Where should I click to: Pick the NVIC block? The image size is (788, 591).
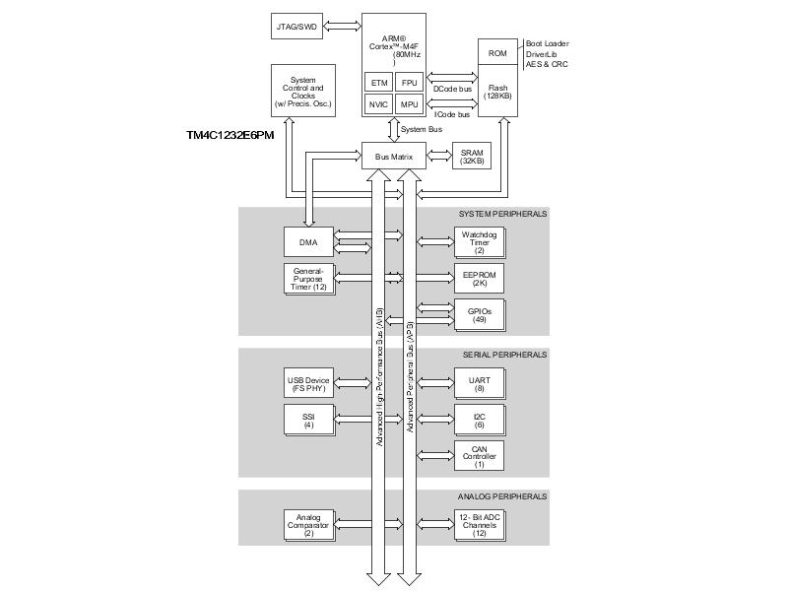(378, 104)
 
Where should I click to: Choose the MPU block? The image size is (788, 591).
(410, 104)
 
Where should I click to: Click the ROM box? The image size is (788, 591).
(496, 52)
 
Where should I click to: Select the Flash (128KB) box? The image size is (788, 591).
(496, 92)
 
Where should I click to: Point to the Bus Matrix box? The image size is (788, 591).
(393, 157)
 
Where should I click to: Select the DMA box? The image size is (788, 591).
(308, 239)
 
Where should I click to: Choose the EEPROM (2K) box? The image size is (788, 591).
(479, 279)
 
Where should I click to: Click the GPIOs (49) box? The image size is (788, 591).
(479, 313)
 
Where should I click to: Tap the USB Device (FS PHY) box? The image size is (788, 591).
(308, 382)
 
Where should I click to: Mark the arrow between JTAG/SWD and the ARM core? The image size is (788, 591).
(348, 26)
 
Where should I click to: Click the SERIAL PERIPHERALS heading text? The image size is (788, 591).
(503, 355)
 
